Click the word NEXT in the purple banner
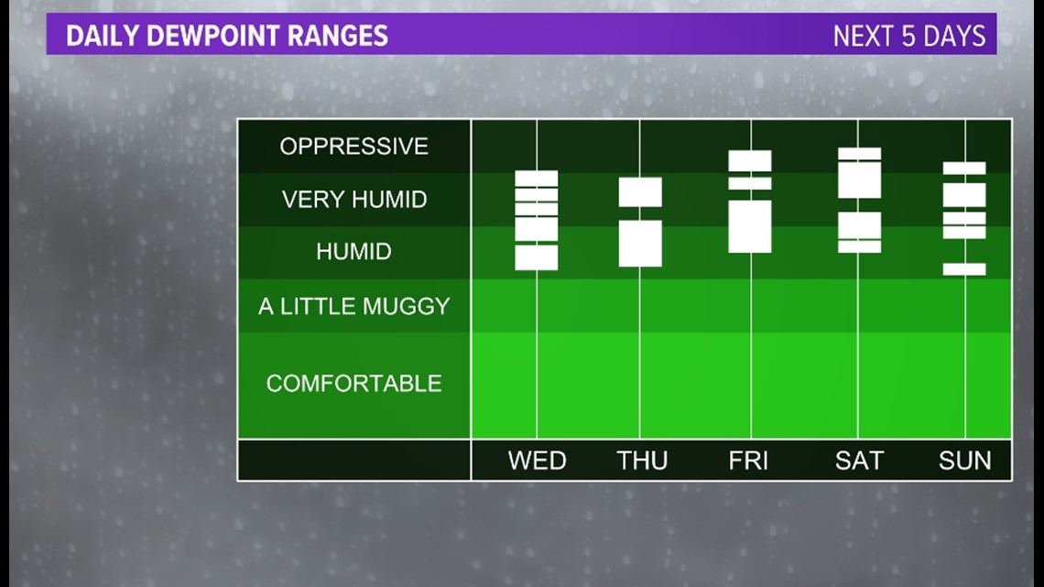coord(863,36)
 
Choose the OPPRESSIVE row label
coord(353,147)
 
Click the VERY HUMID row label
coord(354,199)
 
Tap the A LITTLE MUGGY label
coord(354,306)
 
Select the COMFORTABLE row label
coord(353,384)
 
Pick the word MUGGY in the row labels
coord(406,306)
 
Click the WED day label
coord(537,461)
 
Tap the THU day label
coord(642,461)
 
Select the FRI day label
coord(747,461)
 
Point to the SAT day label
coord(859,461)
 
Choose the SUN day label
coord(964,461)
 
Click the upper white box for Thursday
coord(640,192)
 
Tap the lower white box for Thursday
coord(640,244)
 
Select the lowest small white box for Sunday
coord(964,269)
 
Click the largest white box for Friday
coord(750,226)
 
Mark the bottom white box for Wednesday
coord(536,257)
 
